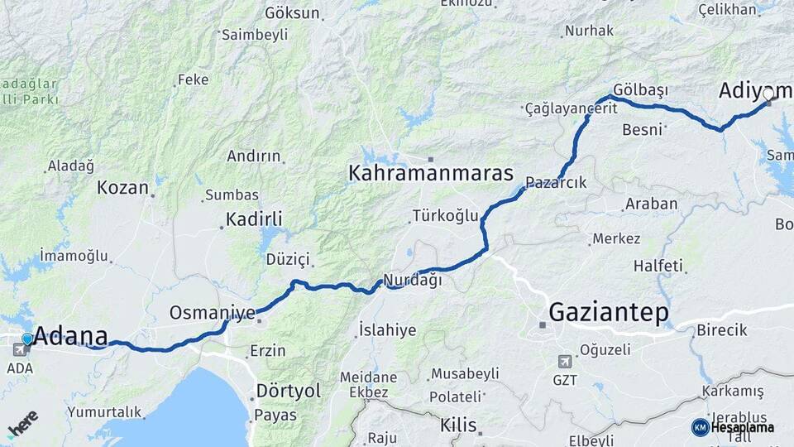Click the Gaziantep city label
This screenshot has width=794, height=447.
click(x=609, y=312)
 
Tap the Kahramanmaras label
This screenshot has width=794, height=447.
click(x=431, y=174)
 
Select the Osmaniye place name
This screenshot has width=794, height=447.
click(x=212, y=313)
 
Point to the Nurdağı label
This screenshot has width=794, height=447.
click(x=412, y=280)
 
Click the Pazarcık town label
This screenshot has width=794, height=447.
click(x=555, y=183)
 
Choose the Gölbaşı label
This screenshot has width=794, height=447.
click(x=641, y=89)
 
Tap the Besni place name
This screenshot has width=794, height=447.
click(x=643, y=129)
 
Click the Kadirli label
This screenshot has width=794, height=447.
click(x=253, y=219)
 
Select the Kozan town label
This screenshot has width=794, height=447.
click(x=122, y=187)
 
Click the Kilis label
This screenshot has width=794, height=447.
click(x=458, y=425)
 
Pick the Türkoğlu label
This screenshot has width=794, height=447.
click(x=445, y=216)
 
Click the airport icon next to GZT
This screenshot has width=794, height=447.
click(x=565, y=361)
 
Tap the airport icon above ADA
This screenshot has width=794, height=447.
click(x=18, y=349)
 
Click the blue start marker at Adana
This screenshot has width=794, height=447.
click(x=27, y=339)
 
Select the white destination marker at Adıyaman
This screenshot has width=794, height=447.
click(x=768, y=94)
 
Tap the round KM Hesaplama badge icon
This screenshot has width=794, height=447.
click(x=700, y=427)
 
